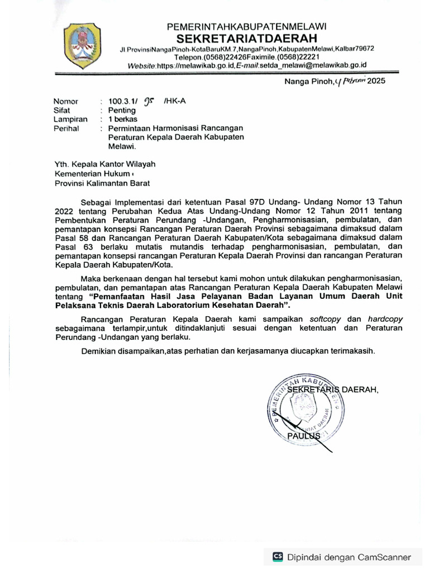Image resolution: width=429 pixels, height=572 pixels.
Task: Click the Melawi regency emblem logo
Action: [x=82, y=43]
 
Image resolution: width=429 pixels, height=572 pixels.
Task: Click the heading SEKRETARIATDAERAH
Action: [x=247, y=38]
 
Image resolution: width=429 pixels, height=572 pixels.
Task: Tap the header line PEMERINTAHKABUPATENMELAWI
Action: [x=247, y=26]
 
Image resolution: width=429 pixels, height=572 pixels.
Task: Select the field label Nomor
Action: [x=65, y=102]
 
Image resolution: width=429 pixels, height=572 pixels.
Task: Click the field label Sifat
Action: [x=61, y=111]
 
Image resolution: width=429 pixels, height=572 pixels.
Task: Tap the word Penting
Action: [x=122, y=111]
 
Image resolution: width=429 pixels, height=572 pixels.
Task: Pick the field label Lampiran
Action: [x=70, y=120]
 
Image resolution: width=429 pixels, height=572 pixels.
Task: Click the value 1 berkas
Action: [x=122, y=120]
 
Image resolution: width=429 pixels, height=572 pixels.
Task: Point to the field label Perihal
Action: [x=66, y=128]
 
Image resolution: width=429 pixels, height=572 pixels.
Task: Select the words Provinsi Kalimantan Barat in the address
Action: [x=102, y=183]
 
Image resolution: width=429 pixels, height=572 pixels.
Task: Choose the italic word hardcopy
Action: [x=384, y=318]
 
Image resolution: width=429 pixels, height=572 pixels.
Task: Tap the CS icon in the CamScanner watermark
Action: [x=278, y=556]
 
